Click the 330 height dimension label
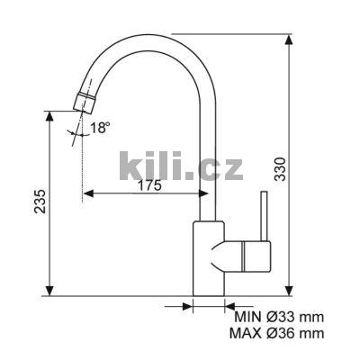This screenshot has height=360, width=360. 281,168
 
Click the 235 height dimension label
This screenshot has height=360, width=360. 40,202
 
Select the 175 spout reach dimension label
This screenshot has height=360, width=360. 149,186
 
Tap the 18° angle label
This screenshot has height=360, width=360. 99,128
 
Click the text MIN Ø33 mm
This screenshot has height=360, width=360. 279,317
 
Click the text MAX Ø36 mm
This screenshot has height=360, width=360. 276,333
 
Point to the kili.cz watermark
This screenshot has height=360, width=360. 181,166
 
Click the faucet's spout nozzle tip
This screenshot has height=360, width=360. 84,103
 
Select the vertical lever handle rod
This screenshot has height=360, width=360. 264,216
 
